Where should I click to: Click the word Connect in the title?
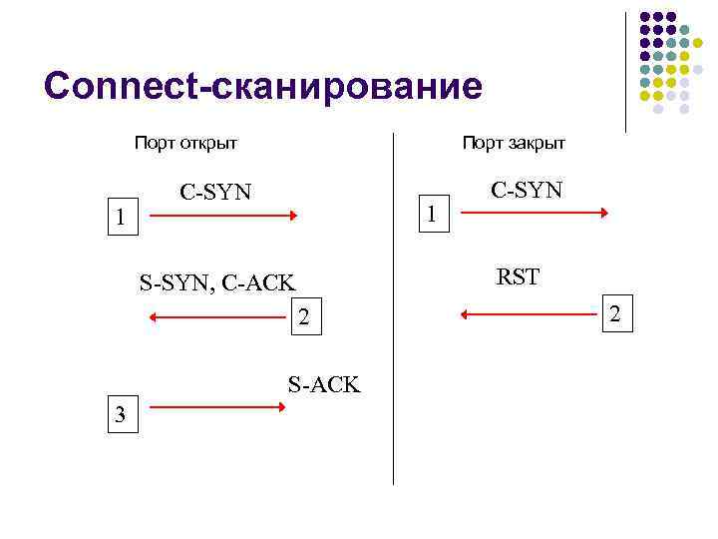point(120,86)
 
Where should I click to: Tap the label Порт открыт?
point(186,143)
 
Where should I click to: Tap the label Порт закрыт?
point(513,143)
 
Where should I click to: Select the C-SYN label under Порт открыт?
point(215,191)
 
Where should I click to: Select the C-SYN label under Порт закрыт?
point(526,189)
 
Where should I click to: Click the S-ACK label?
point(323,384)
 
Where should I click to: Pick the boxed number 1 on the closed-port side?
point(431,213)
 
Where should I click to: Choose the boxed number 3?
point(120,416)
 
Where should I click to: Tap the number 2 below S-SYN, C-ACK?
point(305,318)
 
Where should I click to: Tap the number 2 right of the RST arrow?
point(615,314)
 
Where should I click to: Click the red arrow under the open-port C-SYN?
point(237,215)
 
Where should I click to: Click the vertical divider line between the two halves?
point(394,309)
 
